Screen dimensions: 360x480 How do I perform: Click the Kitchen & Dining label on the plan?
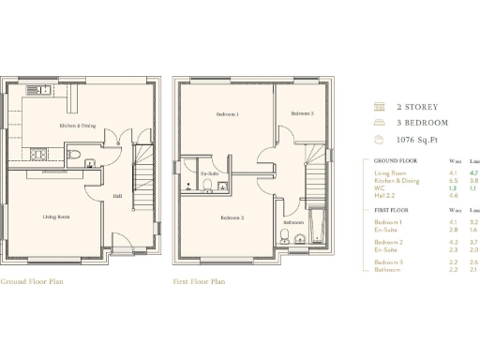[x=77, y=126]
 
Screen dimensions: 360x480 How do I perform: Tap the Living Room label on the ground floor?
[x=56, y=217]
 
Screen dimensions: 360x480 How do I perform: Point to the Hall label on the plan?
[x=117, y=196]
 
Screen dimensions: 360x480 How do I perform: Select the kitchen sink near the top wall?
[x=38, y=90]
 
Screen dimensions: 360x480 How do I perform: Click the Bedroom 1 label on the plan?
[x=227, y=114]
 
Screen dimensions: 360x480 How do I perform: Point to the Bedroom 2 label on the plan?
[x=232, y=218]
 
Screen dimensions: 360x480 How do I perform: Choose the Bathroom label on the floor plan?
[x=293, y=222]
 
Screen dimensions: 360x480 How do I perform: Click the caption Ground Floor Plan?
[x=32, y=280]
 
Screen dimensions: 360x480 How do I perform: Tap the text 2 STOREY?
[x=417, y=107]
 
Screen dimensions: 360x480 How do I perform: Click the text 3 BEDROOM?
[x=422, y=123]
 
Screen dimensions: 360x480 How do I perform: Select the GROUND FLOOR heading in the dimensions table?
[x=395, y=160]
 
